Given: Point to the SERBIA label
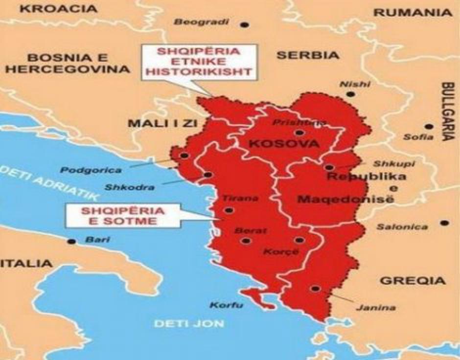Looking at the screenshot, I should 307,55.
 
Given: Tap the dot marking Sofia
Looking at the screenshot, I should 429,126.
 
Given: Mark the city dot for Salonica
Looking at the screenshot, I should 444,223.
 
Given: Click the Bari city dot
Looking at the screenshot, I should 72,241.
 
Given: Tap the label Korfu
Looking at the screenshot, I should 226,306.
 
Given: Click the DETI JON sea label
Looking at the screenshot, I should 188,323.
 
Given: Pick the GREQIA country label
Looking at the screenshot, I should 413,281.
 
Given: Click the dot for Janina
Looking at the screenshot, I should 316,289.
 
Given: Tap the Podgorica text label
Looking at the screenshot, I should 92,170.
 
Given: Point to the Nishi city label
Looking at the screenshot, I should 355,84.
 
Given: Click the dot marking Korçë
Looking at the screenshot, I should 299,240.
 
